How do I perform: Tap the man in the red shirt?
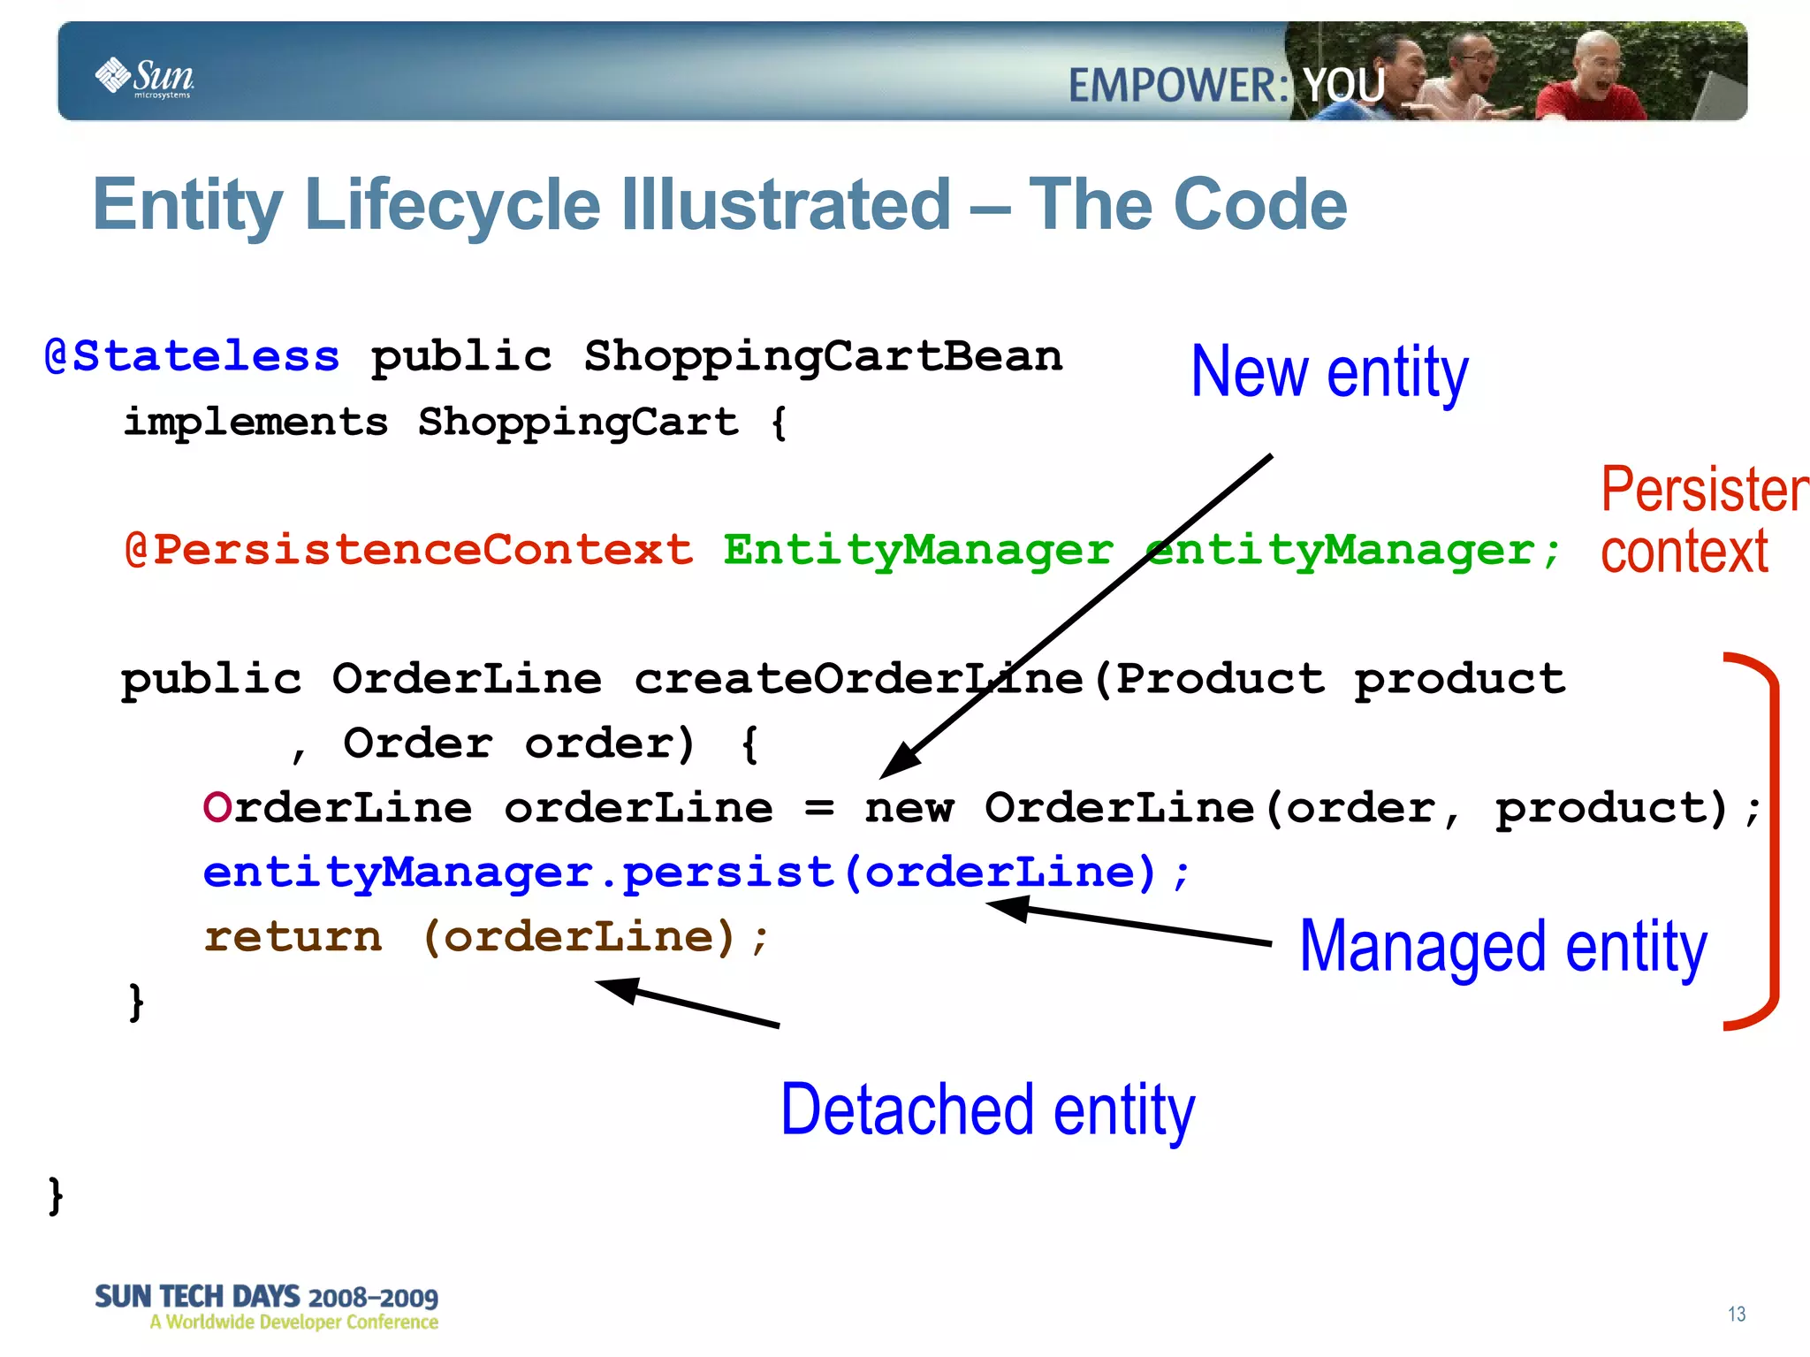[x=1591, y=84]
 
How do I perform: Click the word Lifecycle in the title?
[x=452, y=205]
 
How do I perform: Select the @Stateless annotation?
[x=193, y=357]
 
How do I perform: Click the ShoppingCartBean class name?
[x=823, y=357]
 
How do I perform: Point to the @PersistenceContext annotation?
[x=409, y=550]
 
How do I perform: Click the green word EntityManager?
[x=917, y=550]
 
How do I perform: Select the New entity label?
[x=1328, y=373]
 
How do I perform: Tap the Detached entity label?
[x=987, y=1111]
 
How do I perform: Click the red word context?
[x=1684, y=553]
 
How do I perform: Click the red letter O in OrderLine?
[x=217, y=808]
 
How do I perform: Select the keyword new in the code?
[x=909, y=808]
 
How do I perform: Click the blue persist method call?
[x=728, y=873]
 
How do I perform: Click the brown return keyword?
[x=293, y=937]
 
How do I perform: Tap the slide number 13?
[x=1736, y=1315]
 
